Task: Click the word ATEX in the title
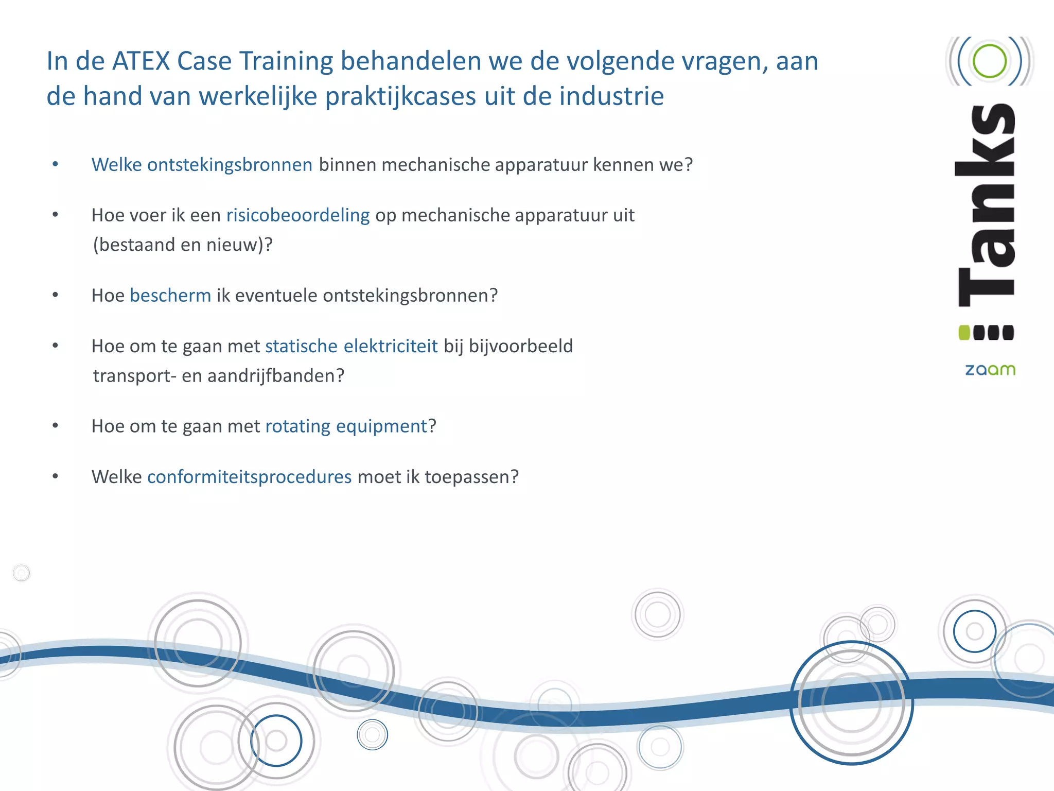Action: pyautogui.click(x=141, y=61)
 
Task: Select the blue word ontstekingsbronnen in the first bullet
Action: pyautogui.click(x=230, y=165)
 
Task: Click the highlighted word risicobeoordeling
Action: pyautogui.click(x=298, y=215)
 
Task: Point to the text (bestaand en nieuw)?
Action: pyautogui.click(x=182, y=245)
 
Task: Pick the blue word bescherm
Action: pyautogui.click(x=170, y=296)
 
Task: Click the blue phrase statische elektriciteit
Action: pyautogui.click(x=352, y=346)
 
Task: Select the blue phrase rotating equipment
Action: pyautogui.click(x=346, y=426)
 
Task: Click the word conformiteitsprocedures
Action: pyautogui.click(x=250, y=477)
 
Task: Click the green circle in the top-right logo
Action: pyautogui.click(x=989, y=61)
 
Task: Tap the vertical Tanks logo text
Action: pyautogui.click(x=987, y=206)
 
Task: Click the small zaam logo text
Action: pyautogui.click(x=990, y=370)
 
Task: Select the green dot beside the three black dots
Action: pyautogui.click(x=964, y=333)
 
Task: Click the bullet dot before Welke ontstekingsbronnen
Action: pyautogui.click(x=56, y=165)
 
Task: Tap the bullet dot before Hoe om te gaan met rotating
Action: pyautogui.click(x=56, y=426)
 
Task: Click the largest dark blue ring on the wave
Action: pyautogui.click(x=852, y=702)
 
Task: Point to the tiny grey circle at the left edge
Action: pyautogui.click(x=22, y=573)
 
